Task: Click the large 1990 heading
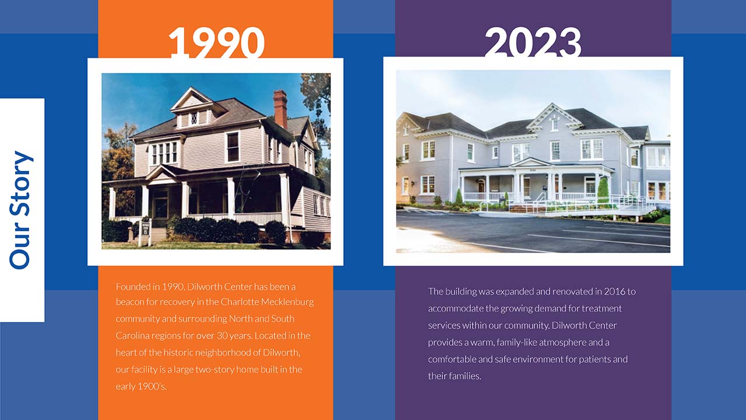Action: click(x=216, y=43)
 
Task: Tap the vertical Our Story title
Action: click(x=21, y=210)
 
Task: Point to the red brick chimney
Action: click(x=280, y=108)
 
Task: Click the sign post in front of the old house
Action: click(x=146, y=230)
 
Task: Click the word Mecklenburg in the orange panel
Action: click(x=287, y=302)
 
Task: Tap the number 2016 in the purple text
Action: click(x=615, y=291)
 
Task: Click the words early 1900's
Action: click(x=141, y=386)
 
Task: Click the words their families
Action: click(x=454, y=376)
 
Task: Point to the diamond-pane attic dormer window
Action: click(x=194, y=118)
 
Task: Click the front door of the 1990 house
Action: click(x=160, y=207)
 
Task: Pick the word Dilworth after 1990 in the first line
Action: click(x=205, y=286)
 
